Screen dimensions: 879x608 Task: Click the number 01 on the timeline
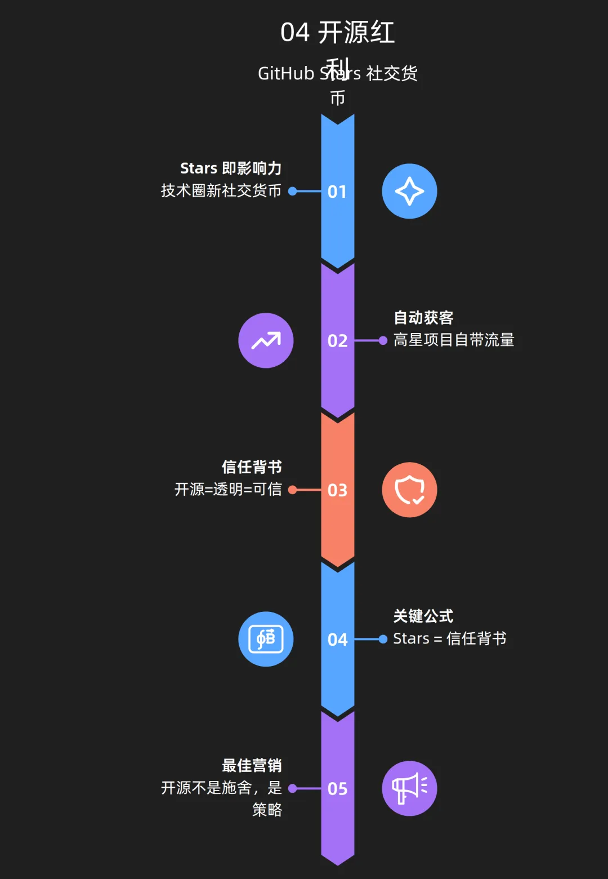click(x=337, y=192)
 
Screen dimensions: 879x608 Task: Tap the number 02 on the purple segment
click(x=337, y=341)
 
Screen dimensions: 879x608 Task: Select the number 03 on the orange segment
click(x=337, y=490)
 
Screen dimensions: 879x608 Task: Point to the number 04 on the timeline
click(x=337, y=640)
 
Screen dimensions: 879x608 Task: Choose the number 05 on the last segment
click(x=337, y=789)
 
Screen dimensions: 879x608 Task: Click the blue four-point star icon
click(x=409, y=192)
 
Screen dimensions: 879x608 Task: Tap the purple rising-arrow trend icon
click(x=266, y=341)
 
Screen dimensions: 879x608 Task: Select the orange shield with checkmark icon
click(x=409, y=490)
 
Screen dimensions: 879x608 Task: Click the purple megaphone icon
click(x=409, y=788)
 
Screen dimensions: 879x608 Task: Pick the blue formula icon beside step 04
click(x=266, y=639)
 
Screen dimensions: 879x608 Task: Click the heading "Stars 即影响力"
click(x=231, y=168)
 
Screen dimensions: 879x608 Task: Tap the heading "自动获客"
click(x=423, y=318)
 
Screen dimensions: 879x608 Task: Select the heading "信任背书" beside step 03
click(x=252, y=467)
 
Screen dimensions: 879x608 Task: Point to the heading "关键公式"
click(x=423, y=616)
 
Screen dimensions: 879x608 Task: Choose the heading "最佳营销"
click(x=252, y=766)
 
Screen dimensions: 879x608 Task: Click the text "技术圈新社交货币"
click(x=221, y=191)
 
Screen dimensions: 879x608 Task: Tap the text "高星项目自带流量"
click(x=454, y=340)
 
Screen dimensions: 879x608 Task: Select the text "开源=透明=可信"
click(x=228, y=489)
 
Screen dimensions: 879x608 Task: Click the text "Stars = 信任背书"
click(x=450, y=639)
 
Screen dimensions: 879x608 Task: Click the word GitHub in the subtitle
click(x=286, y=74)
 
